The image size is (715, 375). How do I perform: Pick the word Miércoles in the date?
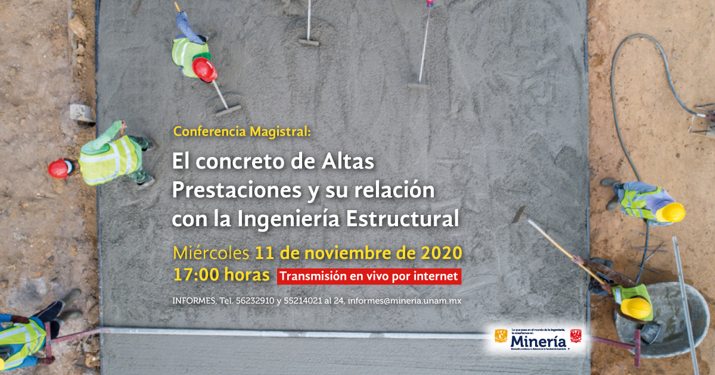click(211, 252)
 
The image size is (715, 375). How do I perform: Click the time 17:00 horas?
click(220, 276)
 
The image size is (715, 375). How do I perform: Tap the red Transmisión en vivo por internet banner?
click(369, 276)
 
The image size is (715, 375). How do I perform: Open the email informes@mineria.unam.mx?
click(405, 301)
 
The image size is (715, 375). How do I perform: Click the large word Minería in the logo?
click(538, 343)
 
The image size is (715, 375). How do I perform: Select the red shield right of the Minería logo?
click(576, 336)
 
